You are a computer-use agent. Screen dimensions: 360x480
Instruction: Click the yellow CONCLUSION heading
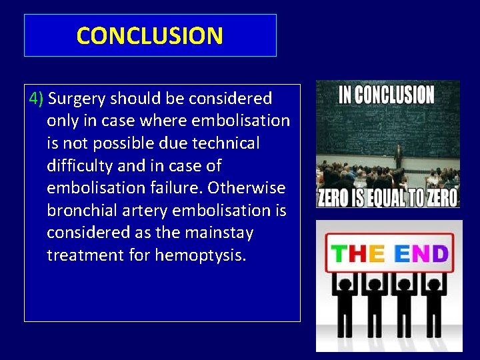(150, 35)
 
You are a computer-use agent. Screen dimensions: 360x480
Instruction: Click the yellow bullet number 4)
(37, 99)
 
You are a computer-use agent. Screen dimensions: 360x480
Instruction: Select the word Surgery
(77, 99)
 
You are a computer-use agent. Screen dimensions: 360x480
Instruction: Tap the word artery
(147, 211)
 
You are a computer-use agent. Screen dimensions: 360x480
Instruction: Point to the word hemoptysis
(201, 255)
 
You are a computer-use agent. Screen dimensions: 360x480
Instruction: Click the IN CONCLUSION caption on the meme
(387, 95)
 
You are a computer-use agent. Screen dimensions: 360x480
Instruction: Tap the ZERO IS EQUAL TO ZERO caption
(387, 197)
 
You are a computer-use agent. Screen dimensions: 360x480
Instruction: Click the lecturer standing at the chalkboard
(398, 157)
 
